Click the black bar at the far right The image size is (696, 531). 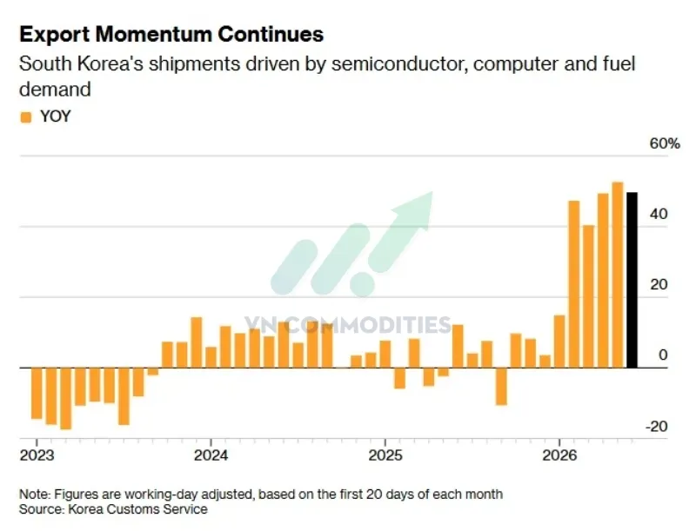coord(632,280)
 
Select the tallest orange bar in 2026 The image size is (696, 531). coord(618,275)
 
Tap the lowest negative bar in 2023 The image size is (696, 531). coord(66,399)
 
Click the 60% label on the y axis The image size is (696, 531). coord(665,143)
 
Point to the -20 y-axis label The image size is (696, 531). coord(657,427)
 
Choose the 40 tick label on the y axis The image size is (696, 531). coord(659,214)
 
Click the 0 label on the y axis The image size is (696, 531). coord(663,355)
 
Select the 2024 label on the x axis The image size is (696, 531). coord(211,455)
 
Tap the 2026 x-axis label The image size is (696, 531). coord(559,455)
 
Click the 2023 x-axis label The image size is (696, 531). coord(37,455)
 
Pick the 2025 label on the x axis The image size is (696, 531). coord(385,455)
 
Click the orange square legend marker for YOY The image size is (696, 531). coord(26,117)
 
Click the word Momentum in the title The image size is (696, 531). coord(153,34)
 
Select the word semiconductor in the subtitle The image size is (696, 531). coord(399,64)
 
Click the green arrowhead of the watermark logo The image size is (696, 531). coord(412,212)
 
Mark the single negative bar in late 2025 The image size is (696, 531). coord(501,387)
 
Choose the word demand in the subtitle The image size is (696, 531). coord(55,90)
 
